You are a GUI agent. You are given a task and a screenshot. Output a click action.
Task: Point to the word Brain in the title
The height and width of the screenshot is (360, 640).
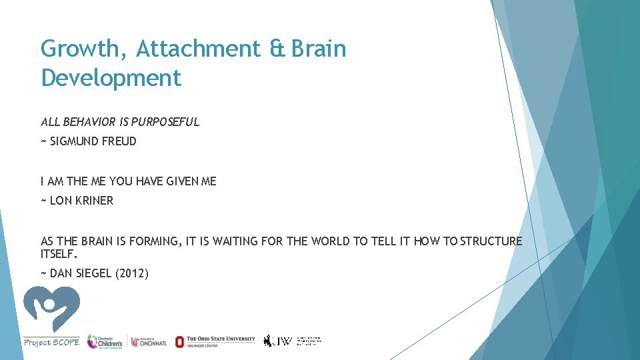click(318, 49)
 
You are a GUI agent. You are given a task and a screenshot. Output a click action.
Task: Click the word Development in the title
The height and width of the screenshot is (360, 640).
click(111, 78)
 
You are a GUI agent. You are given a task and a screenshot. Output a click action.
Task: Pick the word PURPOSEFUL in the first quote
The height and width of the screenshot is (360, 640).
click(165, 122)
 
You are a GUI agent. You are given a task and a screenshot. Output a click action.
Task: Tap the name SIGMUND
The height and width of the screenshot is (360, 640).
click(73, 141)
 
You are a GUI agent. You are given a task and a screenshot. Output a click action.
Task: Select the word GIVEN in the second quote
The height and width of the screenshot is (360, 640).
click(177, 181)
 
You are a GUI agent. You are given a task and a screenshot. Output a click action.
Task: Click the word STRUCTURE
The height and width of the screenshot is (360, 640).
click(491, 241)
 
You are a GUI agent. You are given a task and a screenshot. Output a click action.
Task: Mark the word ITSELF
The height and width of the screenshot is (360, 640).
click(59, 254)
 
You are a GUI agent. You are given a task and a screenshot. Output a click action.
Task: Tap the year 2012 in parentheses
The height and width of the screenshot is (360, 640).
click(133, 273)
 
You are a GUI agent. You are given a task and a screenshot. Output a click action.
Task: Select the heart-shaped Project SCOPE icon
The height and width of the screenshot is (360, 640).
click(51, 309)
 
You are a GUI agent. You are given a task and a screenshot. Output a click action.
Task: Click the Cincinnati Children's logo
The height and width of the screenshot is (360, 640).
click(105, 341)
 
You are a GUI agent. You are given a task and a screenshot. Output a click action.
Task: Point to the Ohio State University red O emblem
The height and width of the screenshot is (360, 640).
click(179, 341)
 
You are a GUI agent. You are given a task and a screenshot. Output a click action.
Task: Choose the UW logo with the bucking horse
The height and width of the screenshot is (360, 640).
click(279, 341)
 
